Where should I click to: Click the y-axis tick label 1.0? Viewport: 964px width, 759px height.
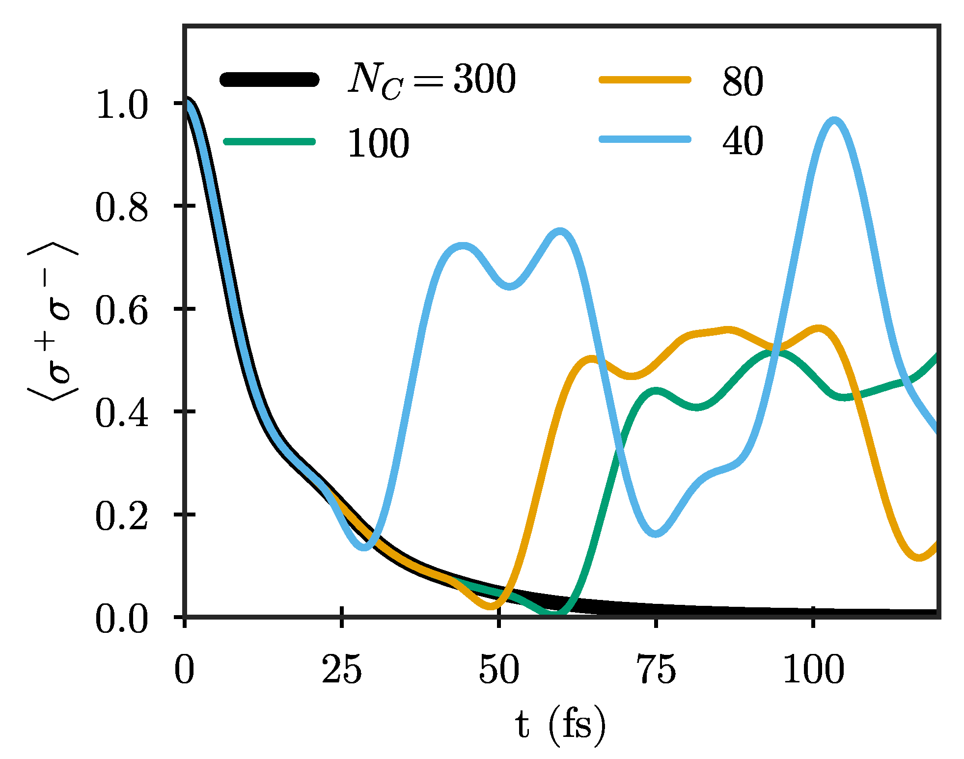pyautogui.click(x=121, y=105)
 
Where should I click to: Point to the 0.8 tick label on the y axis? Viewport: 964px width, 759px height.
pyautogui.click(x=121, y=208)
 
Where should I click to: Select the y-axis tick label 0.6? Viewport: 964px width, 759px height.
pyautogui.click(x=121, y=311)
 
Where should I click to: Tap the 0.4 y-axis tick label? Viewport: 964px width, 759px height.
pyautogui.click(x=121, y=414)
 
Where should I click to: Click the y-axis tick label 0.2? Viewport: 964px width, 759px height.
pyautogui.click(x=121, y=517)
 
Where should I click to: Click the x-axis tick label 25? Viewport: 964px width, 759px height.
pyautogui.click(x=342, y=670)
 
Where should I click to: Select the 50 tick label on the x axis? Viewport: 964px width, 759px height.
pyautogui.click(x=499, y=670)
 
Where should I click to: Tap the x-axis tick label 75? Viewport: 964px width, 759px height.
pyautogui.click(x=656, y=670)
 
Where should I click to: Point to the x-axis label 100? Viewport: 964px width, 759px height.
pyautogui.click(x=813, y=670)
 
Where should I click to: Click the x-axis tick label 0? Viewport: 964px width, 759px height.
pyautogui.click(x=184, y=670)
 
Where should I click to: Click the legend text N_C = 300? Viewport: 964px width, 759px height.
pyautogui.click(x=432, y=80)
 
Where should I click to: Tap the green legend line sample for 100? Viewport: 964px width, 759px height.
pyautogui.click(x=269, y=142)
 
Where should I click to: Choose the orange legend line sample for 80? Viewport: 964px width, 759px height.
pyautogui.click(x=645, y=80)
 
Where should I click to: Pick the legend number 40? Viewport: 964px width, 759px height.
pyautogui.click(x=743, y=141)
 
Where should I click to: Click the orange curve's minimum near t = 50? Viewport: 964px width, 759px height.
pyautogui.click(x=491, y=607)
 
